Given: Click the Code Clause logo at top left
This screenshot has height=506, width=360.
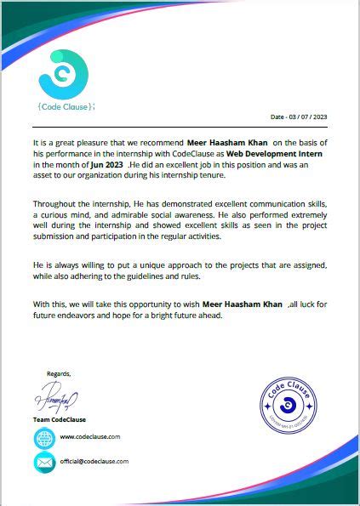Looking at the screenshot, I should coord(63,74).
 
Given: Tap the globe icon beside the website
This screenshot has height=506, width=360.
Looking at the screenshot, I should coord(43,438).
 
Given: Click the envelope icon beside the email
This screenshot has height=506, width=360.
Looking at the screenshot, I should coord(43,462).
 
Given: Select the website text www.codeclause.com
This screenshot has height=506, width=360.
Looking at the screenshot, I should coord(90,436).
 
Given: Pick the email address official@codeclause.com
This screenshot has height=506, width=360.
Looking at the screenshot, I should coord(94,461).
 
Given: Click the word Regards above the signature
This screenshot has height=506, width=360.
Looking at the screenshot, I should coord(59,373).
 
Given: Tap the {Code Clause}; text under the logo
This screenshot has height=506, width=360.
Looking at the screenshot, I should coord(66,106).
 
